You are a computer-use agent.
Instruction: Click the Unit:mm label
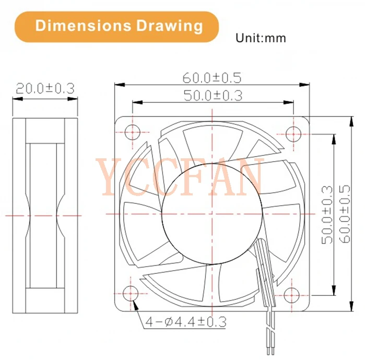tap(261, 38)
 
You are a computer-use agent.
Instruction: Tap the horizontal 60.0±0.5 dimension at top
tap(211, 77)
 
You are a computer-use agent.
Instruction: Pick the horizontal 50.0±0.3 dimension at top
tap(211, 96)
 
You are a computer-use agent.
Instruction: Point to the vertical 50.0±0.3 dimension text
tap(327, 214)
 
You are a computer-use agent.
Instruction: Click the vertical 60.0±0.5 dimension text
tap(344, 214)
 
